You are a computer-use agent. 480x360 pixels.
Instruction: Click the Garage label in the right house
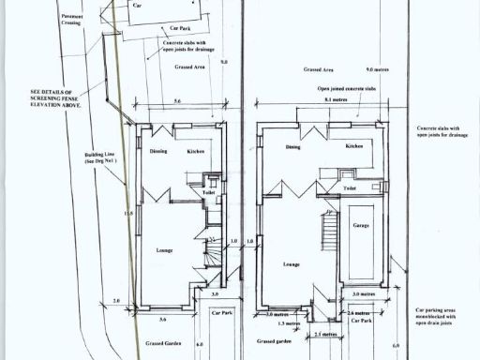(x=360, y=226)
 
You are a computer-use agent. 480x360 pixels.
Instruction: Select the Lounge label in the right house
(x=291, y=264)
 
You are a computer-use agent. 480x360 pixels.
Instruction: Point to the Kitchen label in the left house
(x=195, y=151)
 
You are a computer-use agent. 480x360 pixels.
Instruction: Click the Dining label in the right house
(x=293, y=147)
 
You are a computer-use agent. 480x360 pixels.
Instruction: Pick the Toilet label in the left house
(x=195, y=192)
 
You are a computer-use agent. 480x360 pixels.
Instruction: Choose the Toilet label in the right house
(x=350, y=187)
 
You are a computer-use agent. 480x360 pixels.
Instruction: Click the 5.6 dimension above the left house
(x=177, y=100)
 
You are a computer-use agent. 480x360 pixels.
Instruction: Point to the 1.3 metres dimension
(x=289, y=323)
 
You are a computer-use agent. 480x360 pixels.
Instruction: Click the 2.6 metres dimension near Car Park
(x=358, y=311)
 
